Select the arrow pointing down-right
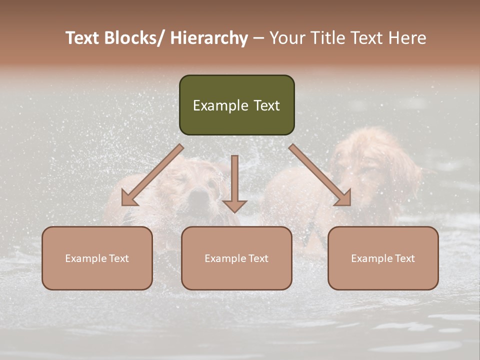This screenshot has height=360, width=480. pos(320,175)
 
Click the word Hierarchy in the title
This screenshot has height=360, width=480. pos(209,38)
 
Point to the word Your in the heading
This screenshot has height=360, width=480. pos(286,38)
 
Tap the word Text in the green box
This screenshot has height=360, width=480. pos(266,105)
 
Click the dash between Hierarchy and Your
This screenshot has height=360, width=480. pos(258,39)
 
